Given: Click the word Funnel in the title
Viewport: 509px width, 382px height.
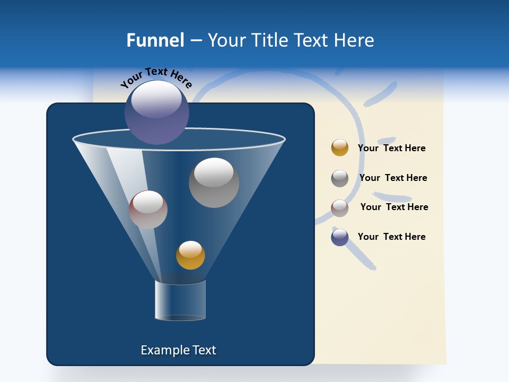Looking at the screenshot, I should click(x=155, y=40).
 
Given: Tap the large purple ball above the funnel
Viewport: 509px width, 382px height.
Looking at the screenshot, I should click(x=156, y=112).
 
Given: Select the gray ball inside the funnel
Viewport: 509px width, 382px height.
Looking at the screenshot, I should click(x=214, y=183).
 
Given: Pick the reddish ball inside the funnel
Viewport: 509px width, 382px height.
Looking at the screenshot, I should click(x=148, y=210).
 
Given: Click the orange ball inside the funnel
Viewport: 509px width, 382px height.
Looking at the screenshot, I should click(x=190, y=255).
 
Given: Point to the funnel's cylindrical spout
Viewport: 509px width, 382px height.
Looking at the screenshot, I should click(x=180, y=300).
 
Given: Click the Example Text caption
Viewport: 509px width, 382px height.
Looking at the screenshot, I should click(x=178, y=350).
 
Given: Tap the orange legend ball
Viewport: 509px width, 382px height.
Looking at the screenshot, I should click(x=340, y=147).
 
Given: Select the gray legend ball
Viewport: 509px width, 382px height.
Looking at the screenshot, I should click(x=340, y=178).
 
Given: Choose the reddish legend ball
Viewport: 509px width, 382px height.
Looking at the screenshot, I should click(x=340, y=208).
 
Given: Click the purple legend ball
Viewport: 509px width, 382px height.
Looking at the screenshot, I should click(x=340, y=237).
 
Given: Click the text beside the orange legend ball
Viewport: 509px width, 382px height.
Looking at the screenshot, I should click(x=391, y=148).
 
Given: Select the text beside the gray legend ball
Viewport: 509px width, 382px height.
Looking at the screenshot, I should click(x=393, y=178).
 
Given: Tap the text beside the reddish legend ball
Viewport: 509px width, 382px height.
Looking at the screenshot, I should click(x=394, y=207).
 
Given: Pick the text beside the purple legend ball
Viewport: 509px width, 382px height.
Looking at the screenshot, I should click(x=391, y=237).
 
